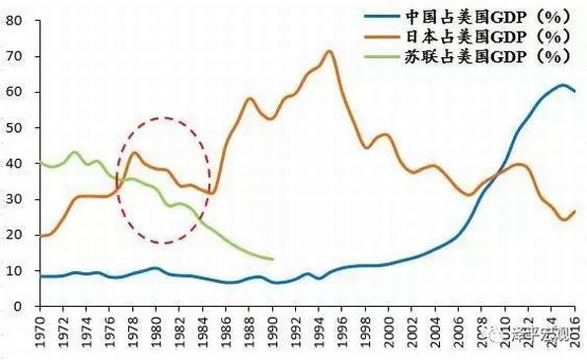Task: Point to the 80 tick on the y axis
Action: [16, 20]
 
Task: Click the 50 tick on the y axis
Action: [16, 127]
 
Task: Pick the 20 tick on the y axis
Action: [16, 235]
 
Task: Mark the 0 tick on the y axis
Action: [20, 307]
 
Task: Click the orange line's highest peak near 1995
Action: [330, 51]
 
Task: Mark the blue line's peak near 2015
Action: [562, 85]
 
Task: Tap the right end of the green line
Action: [272, 259]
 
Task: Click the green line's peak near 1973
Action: [74, 152]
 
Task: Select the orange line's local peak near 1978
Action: [134, 152]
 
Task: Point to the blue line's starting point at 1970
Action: [38, 276]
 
